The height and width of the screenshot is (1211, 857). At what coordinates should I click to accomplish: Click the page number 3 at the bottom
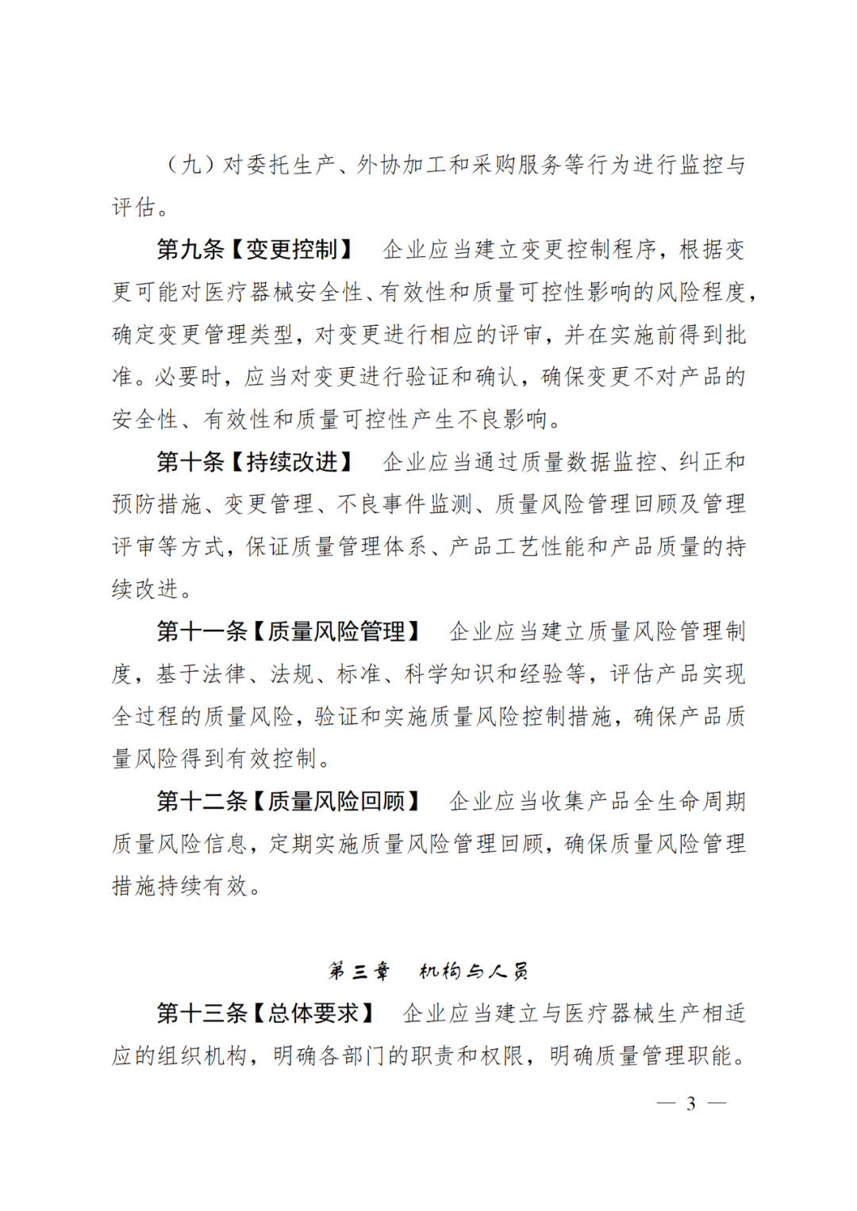(x=691, y=1103)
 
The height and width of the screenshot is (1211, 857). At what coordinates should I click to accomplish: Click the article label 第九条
(x=190, y=250)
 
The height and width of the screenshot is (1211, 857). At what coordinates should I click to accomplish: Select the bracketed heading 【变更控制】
(x=292, y=250)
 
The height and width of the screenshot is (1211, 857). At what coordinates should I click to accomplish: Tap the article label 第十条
(x=190, y=462)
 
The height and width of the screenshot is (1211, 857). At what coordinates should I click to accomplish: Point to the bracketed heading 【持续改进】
(x=292, y=462)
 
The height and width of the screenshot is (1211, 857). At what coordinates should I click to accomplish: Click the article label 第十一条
(x=202, y=631)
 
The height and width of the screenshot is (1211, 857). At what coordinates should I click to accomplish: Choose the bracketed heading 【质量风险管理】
(x=336, y=631)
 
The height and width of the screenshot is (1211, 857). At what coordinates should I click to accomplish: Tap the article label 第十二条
(x=202, y=801)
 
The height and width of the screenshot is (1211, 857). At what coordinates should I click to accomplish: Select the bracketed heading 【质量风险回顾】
(x=336, y=801)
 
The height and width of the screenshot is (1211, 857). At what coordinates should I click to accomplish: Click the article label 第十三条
(x=202, y=1013)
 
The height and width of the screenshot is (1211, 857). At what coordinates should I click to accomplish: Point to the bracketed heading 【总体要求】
(x=314, y=1013)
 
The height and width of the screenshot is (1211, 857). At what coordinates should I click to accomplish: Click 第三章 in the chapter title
(x=359, y=971)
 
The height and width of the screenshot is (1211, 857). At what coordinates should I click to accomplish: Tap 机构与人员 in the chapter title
(x=474, y=971)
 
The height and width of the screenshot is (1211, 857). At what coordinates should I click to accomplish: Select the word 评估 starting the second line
(x=133, y=208)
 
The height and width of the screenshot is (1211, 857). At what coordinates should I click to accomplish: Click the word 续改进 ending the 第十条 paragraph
(x=145, y=589)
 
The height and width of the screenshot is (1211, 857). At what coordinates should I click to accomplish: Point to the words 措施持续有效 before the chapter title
(x=179, y=886)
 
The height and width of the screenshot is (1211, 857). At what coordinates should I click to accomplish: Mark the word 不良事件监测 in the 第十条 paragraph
(x=405, y=504)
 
